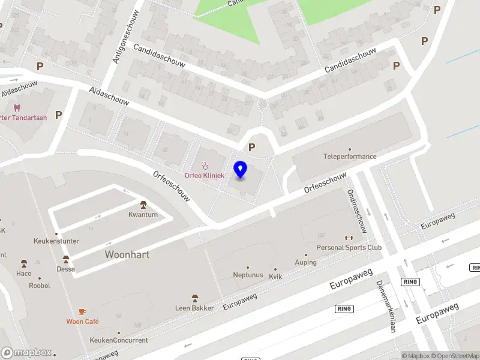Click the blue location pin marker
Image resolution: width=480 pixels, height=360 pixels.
(241, 170)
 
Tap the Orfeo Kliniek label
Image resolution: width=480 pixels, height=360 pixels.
(204, 175)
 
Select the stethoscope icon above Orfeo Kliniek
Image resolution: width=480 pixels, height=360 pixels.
(204, 165)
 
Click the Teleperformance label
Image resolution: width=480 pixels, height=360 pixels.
(350, 157)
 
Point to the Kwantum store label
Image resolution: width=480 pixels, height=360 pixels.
(143, 214)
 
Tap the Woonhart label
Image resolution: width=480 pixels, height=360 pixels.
(127, 254)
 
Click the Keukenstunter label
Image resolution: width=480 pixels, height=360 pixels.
(57, 241)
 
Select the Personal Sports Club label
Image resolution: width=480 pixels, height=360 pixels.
(349, 247)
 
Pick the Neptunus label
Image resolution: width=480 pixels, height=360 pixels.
(248, 275)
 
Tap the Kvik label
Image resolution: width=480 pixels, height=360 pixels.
(275, 277)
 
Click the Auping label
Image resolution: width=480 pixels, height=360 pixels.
(305, 262)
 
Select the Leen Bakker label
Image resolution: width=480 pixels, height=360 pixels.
(194, 308)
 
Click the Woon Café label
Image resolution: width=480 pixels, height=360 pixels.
(82, 322)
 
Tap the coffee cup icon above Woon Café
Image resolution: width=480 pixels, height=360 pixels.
(82, 311)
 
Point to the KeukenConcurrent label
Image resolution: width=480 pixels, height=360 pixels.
(118, 340)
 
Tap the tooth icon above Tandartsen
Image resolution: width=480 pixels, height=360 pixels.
(16, 108)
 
